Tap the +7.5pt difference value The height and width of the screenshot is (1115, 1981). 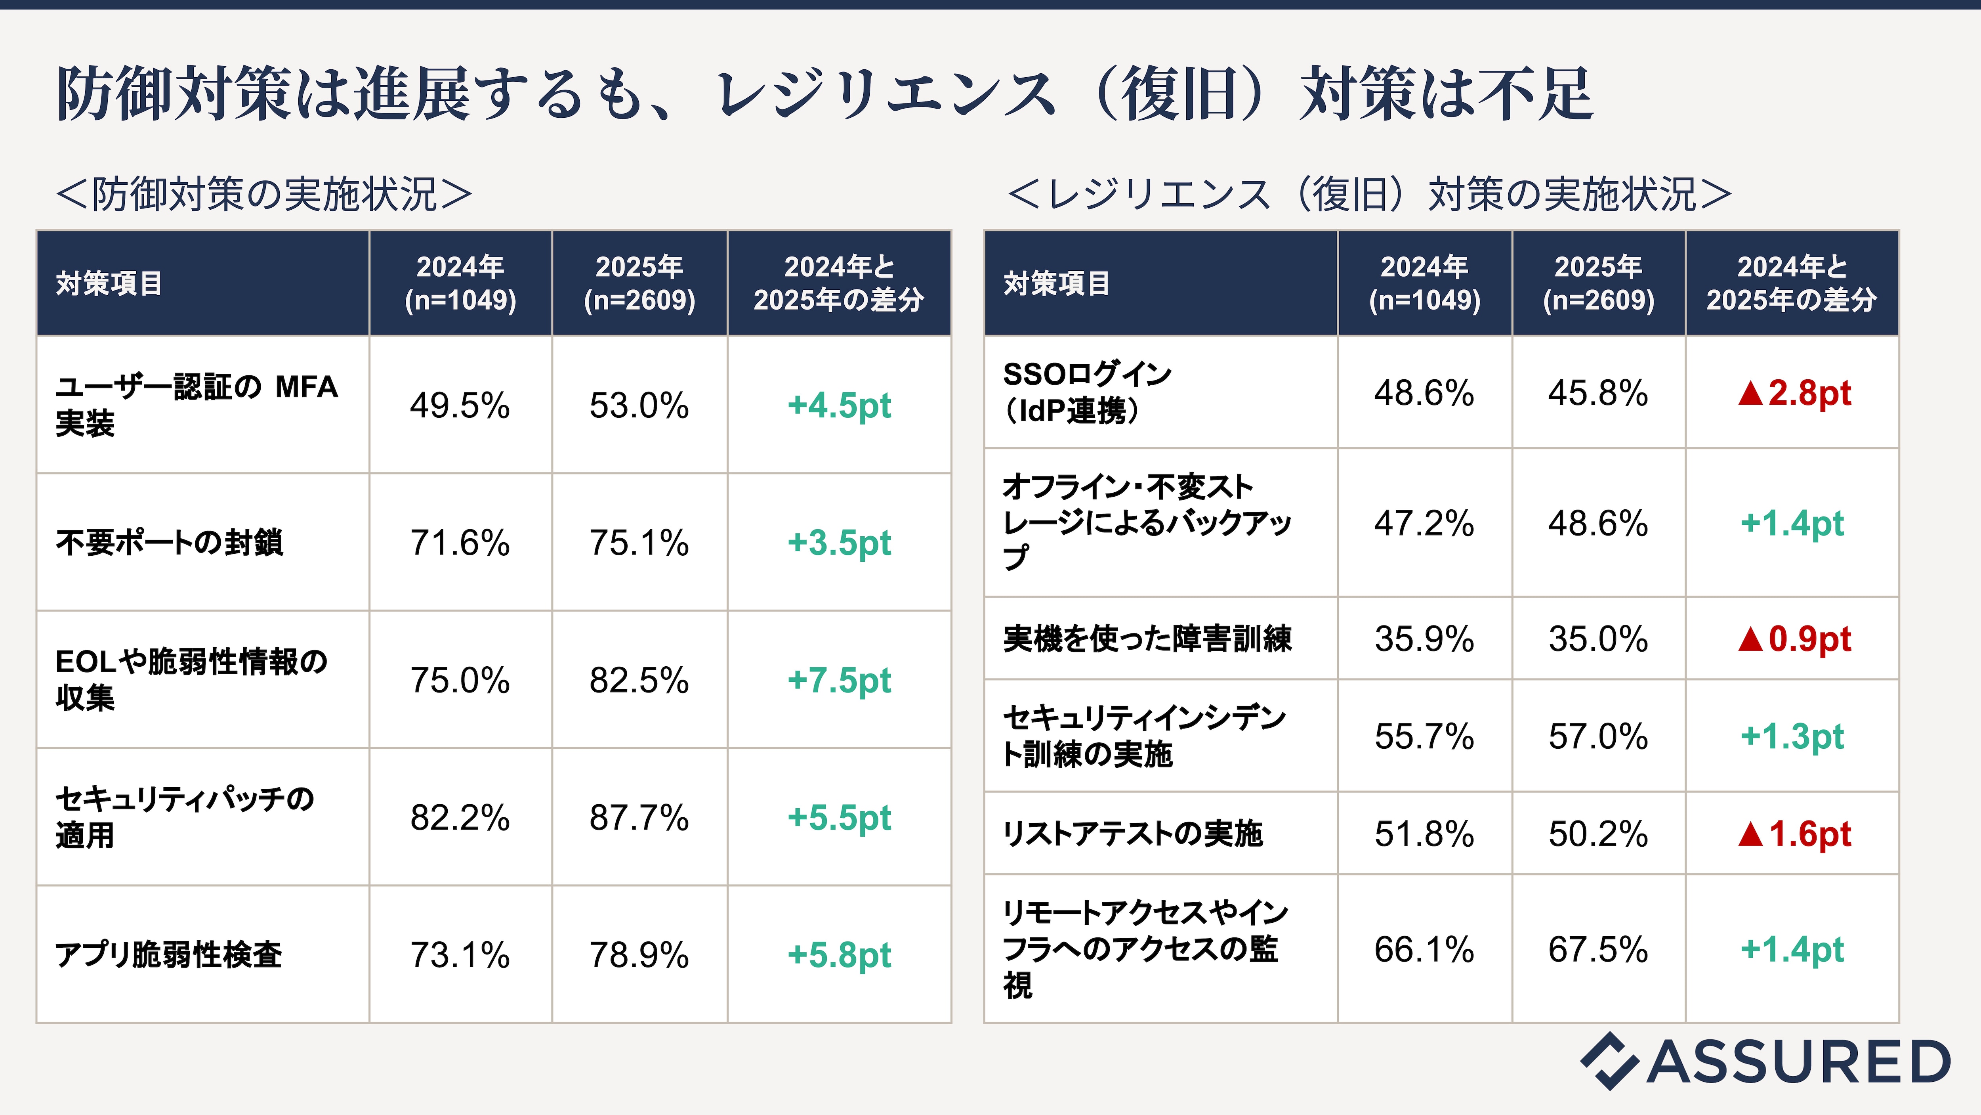[x=839, y=680]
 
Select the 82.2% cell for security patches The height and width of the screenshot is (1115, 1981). [x=460, y=817]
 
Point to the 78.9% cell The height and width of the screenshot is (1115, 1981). [x=639, y=955]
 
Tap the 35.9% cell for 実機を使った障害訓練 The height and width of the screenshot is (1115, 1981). [x=1424, y=639]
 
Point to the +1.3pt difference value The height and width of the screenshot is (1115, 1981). [x=1792, y=736]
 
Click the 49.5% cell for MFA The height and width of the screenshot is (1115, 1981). [x=460, y=405]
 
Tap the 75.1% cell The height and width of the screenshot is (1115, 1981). [x=639, y=543]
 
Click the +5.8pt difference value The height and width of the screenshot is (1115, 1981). [x=839, y=955]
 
